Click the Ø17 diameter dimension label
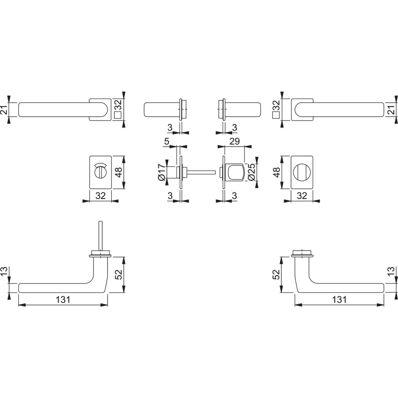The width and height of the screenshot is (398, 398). (162, 173)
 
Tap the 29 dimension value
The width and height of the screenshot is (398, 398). (234, 141)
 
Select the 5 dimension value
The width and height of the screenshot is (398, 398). (166, 141)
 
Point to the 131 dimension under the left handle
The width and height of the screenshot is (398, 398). (63, 300)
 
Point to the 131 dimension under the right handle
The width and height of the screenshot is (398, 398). (339, 300)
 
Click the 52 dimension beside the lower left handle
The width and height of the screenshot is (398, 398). (119, 274)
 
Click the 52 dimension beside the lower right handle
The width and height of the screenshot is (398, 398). (276, 274)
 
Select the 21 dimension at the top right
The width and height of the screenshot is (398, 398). (393, 110)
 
